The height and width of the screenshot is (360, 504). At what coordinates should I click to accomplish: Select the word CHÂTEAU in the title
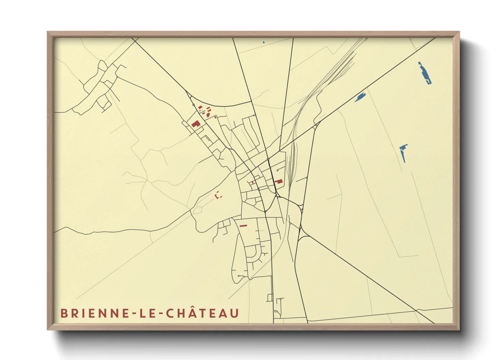203,313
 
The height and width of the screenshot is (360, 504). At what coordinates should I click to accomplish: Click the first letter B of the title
64,313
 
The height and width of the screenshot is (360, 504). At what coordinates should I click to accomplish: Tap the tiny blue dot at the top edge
264,42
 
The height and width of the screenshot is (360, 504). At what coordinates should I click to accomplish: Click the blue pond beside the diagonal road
360,97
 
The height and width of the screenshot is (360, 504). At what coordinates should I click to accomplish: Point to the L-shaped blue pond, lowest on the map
403,152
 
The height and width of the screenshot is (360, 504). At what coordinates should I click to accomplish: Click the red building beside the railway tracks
279,181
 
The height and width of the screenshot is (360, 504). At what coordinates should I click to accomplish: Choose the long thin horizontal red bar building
243,226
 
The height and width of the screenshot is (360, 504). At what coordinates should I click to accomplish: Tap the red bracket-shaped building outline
218,196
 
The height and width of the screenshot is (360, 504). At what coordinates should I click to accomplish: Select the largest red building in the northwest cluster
195,124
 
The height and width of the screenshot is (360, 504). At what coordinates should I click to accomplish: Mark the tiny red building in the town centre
253,183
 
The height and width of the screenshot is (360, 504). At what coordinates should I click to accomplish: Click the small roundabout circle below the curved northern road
194,105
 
